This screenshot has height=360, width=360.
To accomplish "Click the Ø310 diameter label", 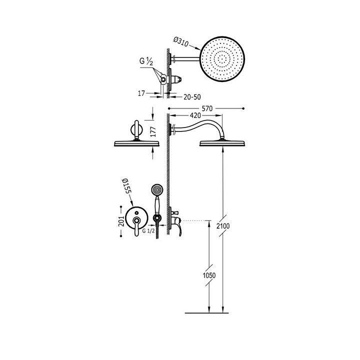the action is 180,42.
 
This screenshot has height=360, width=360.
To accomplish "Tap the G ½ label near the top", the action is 146,61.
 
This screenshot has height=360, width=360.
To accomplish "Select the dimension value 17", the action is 141,93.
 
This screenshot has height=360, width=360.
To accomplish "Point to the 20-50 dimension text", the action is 192,97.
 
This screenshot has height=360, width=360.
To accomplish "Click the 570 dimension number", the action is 207,108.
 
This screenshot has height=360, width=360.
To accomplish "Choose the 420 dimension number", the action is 195,115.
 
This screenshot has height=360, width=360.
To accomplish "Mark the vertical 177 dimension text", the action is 153,132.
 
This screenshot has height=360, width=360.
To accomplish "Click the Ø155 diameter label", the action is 126,186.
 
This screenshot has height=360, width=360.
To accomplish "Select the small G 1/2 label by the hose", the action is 148,231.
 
